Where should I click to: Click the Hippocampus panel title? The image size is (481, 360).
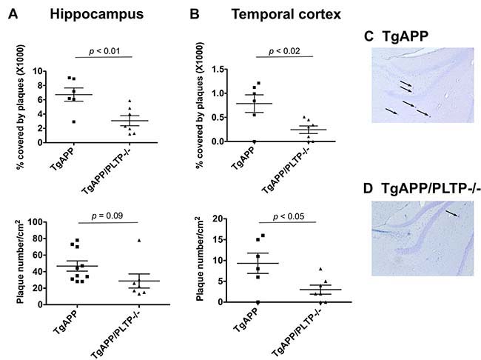[97, 14]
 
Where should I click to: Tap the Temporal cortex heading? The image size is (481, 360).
[286, 14]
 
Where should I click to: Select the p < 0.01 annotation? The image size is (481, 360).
[104, 51]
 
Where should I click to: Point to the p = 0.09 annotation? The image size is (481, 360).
[107, 216]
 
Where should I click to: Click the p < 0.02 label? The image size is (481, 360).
[284, 51]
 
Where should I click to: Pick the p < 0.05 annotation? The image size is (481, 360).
[289, 216]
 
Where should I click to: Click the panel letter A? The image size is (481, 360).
[13, 14]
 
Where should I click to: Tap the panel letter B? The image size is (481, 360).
[195, 14]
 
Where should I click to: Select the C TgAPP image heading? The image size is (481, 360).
[396, 36]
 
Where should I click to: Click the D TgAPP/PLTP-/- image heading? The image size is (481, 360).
[422, 188]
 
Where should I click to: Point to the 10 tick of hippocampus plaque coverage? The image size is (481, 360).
[38, 71]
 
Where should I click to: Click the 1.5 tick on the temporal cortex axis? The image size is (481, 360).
[218, 70]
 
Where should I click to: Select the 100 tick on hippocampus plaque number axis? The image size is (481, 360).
[36, 221]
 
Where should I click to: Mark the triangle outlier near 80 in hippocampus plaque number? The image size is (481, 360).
[139, 241]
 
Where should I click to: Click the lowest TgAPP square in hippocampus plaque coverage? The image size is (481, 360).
[73, 122]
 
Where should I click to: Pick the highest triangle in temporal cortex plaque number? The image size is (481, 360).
[320, 269]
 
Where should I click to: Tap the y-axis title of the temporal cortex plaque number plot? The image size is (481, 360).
[199, 259]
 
